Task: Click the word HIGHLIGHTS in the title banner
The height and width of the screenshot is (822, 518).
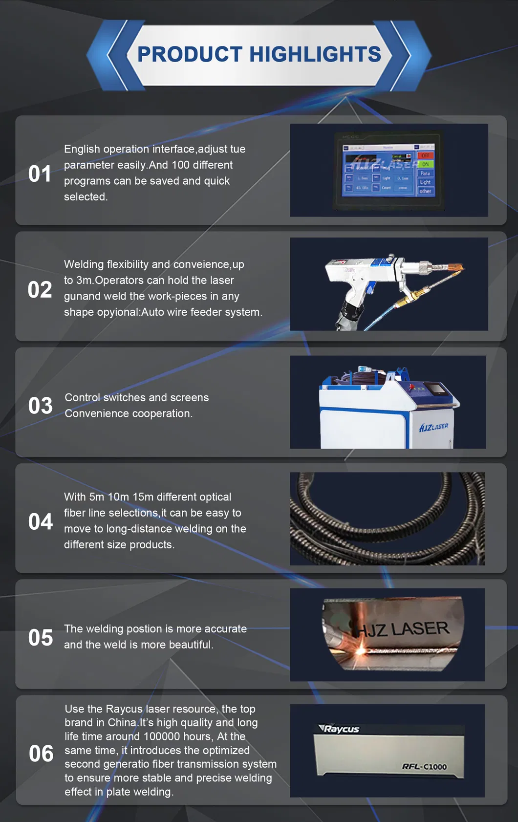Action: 315,54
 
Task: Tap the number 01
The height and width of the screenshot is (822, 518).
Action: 40,174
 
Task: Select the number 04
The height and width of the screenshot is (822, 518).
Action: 41,521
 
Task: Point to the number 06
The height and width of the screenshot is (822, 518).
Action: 41,754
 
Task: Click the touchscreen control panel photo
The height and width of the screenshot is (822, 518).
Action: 388,170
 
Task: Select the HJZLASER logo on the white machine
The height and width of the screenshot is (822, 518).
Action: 433,427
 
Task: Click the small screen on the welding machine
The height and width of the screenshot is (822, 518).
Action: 436,389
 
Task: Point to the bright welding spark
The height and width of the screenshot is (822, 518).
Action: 360,650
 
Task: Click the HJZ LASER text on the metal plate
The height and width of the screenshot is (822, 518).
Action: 403,629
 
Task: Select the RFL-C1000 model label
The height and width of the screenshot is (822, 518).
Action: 424,766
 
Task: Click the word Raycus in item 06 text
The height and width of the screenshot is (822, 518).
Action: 124,709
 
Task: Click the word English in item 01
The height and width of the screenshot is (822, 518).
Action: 82,149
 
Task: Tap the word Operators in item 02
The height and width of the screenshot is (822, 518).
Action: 117,280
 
